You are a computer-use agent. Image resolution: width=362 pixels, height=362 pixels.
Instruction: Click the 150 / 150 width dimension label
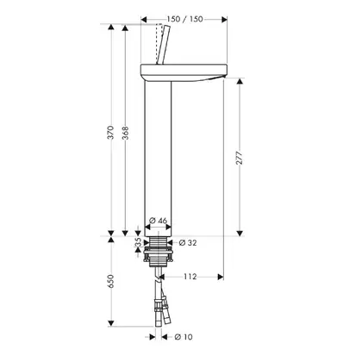[184, 19]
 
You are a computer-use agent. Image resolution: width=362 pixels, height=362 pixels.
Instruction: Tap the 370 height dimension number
[111, 133]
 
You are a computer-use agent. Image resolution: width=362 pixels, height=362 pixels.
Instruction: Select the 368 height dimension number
[126, 133]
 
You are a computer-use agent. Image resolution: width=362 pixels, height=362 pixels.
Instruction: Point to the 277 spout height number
[240, 158]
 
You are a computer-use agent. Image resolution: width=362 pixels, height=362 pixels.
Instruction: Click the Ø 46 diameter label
[159, 221]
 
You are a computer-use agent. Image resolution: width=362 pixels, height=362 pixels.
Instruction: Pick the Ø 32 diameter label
[188, 243]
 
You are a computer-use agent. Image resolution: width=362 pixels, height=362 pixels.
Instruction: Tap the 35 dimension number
[138, 242]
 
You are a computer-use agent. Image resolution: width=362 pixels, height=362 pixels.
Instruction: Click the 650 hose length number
[111, 282]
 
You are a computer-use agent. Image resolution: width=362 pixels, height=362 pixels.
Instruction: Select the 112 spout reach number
[190, 277]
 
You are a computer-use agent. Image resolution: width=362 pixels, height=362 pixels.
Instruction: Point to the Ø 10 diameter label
[184, 337]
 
